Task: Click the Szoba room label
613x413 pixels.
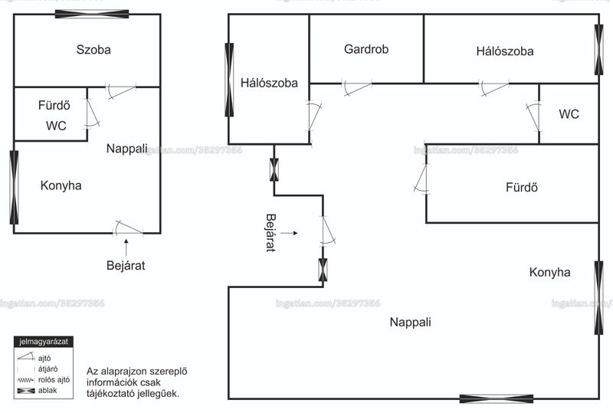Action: tap(93, 50)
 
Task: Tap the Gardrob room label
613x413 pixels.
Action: tap(366, 49)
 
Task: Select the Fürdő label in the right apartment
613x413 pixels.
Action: tap(522, 187)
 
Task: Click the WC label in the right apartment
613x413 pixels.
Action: tap(569, 114)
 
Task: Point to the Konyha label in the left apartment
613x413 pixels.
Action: tap(61, 185)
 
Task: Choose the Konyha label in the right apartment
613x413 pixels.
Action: tap(549, 272)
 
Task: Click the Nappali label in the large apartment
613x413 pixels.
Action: tap(411, 322)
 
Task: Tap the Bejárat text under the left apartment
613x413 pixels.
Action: tap(126, 266)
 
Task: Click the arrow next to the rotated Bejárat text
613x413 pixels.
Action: tap(290, 233)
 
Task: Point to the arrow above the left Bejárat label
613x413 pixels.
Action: tap(126, 247)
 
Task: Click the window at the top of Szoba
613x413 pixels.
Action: tap(92, 14)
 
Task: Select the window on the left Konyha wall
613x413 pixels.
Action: tap(14, 187)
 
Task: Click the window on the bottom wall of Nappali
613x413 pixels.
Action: tap(497, 399)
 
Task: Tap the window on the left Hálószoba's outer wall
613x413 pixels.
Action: tap(229, 80)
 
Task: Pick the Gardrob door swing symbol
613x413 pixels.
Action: tap(356, 87)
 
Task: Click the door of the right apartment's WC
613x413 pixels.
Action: tap(534, 116)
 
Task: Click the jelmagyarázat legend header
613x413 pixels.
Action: tap(44, 342)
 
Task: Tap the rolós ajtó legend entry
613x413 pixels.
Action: tap(44, 380)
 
